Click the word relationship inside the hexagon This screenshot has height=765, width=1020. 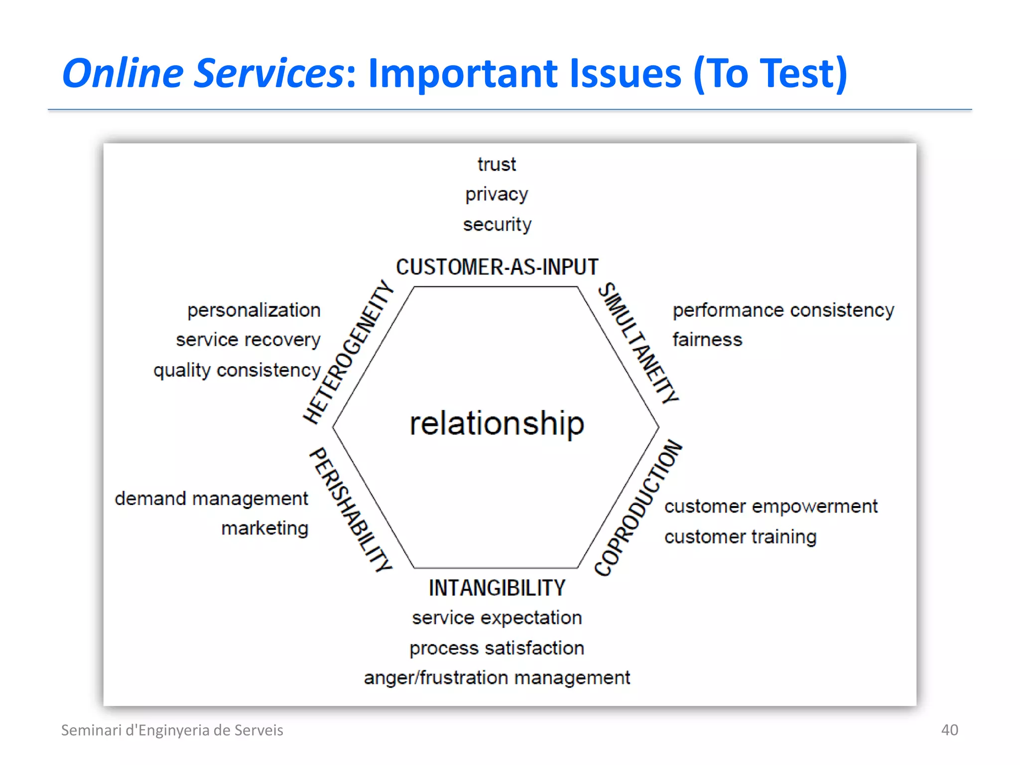coord(497,423)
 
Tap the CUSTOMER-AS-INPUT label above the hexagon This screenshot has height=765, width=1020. coord(497,267)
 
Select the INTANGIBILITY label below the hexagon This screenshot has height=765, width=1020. coord(497,588)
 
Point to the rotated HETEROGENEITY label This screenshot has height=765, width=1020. coord(349,352)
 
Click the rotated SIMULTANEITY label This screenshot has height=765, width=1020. coord(638,343)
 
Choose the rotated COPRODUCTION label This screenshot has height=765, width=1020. coord(638,508)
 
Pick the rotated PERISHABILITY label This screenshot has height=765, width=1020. coord(351,510)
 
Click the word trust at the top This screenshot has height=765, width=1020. coord(497,164)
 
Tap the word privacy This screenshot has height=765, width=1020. coord(497,194)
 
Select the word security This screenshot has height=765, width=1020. coord(497,225)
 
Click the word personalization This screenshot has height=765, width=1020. coord(254,310)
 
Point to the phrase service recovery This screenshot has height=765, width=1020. coord(248,340)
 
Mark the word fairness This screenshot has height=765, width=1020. coord(707,340)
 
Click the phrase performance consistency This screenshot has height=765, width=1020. coord(783,310)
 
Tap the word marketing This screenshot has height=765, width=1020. coord(264,528)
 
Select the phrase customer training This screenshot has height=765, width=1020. coord(740,537)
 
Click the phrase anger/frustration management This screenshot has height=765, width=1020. coord(497,678)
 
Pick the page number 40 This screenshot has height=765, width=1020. coord(949,730)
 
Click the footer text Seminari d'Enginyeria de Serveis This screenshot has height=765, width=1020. coord(172,730)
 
